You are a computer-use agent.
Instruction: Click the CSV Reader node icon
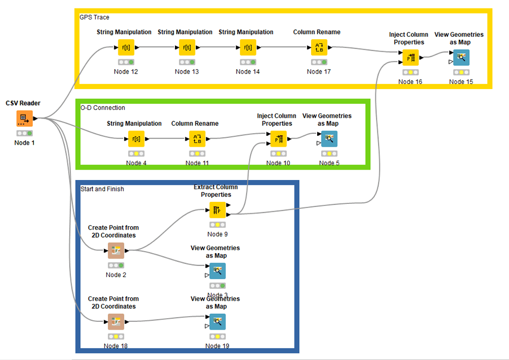click(23, 118)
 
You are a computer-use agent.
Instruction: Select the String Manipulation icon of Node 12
click(126, 48)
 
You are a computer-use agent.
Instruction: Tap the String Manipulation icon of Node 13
click(187, 48)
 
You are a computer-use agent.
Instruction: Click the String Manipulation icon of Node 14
click(248, 48)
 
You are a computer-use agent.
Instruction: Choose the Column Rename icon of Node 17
click(319, 48)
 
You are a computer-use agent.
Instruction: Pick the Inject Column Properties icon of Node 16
click(410, 58)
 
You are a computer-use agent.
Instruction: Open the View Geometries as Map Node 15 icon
click(461, 58)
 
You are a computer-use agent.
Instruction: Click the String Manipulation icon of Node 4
click(136, 139)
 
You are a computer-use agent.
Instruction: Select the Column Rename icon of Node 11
click(197, 139)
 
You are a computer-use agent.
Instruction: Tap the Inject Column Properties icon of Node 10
click(278, 139)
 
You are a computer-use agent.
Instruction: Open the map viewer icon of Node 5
click(329, 139)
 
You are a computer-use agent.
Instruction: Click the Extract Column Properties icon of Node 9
click(217, 210)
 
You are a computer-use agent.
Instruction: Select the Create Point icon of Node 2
click(116, 251)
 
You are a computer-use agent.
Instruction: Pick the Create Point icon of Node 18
click(116, 322)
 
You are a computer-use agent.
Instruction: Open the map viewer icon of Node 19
click(217, 322)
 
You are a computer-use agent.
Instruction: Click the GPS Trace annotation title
click(94, 17)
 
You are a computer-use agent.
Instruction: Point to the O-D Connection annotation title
click(103, 108)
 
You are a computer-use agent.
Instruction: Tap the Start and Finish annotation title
click(102, 189)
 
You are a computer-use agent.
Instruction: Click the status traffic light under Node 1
click(24, 133)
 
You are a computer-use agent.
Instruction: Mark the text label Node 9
click(217, 234)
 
